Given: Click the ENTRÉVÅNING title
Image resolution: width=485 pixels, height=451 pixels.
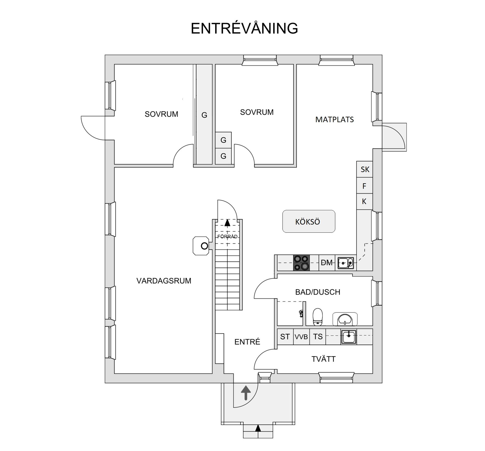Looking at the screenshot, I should click(x=244, y=28).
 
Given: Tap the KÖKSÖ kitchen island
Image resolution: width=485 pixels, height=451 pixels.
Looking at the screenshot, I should click(x=308, y=221).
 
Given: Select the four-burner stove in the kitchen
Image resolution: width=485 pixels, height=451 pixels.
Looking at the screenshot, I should click(x=301, y=263).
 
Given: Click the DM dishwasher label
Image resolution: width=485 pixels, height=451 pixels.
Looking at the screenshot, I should click(x=327, y=263).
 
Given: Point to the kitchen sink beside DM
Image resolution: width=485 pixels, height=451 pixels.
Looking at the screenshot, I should click(x=346, y=263).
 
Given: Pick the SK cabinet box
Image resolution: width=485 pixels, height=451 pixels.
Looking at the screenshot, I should click(x=365, y=169).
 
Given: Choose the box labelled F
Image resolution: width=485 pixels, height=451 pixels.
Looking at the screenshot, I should click(x=365, y=186).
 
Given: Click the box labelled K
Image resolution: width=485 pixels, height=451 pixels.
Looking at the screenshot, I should click(x=365, y=201).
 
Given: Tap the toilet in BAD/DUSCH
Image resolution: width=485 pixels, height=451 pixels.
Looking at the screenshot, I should click(x=318, y=317).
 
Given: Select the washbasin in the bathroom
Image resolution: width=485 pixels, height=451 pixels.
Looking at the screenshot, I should click(x=345, y=319).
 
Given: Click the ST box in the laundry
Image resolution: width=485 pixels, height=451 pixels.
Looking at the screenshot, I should click(x=285, y=337).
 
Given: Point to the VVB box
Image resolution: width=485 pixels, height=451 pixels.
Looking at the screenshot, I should click(x=301, y=337).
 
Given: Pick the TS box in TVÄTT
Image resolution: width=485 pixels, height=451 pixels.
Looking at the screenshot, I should click(x=318, y=337).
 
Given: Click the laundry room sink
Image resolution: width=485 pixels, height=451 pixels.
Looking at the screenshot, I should click(x=349, y=337).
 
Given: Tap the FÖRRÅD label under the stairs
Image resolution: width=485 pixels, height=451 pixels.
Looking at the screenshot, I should click(x=227, y=236).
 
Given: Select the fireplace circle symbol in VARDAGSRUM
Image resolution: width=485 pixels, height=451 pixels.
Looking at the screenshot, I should click(x=204, y=246).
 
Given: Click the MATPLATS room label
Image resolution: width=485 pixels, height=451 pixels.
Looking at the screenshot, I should click(x=334, y=119).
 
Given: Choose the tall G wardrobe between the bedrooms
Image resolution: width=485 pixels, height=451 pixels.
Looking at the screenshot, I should click(x=204, y=115).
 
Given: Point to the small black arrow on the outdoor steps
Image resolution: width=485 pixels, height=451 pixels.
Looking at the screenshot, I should click(x=258, y=428).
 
